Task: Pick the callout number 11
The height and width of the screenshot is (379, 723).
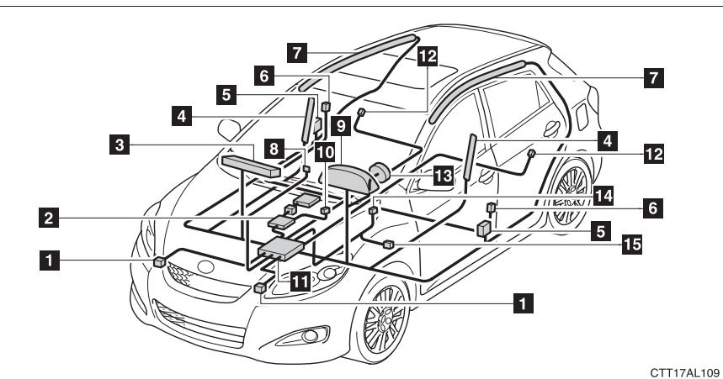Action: (x=299, y=283)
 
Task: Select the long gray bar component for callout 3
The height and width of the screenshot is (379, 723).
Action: (x=249, y=166)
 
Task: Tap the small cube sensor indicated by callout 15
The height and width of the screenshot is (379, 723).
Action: (x=389, y=244)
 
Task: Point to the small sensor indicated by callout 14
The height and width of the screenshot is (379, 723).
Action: (x=371, y=213)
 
